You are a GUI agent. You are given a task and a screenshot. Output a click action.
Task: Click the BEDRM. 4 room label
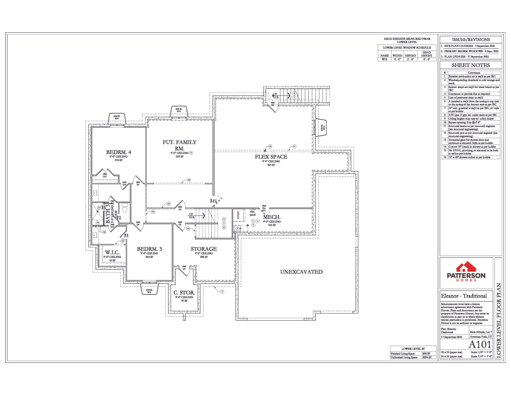coord(118,152)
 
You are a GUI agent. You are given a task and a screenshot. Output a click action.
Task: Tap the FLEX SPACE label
coord(271,157)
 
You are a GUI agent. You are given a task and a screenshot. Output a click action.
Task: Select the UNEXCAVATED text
coord(301,272)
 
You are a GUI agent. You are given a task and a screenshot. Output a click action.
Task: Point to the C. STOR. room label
coord(184,293)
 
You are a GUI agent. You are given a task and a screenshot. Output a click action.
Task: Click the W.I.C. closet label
coord(112,253)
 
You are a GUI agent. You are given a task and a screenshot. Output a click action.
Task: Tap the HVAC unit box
coord(238,215)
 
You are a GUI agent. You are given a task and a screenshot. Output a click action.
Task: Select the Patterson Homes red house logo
coord(466,267)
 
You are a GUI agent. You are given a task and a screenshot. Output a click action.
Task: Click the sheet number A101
coord(480,344)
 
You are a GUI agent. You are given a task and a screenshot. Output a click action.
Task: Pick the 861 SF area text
coord(271,165)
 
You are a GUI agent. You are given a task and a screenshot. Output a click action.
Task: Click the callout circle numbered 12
coord(270,146)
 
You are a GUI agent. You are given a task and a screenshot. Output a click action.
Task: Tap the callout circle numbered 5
coord(222,291)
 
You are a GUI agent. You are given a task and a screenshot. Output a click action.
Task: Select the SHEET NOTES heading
coord(471,65)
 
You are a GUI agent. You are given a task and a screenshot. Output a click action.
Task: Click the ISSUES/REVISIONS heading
coord(471,40)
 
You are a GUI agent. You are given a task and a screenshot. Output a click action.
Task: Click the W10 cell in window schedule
coord(384,59)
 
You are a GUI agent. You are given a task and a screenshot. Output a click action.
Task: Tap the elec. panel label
coord(252,213)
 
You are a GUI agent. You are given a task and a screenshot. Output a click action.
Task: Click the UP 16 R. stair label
coord(191,216)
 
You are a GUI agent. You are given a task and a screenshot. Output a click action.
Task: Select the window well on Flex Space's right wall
coord(321,128)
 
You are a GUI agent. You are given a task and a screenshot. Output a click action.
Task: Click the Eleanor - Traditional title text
coord(464,296)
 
